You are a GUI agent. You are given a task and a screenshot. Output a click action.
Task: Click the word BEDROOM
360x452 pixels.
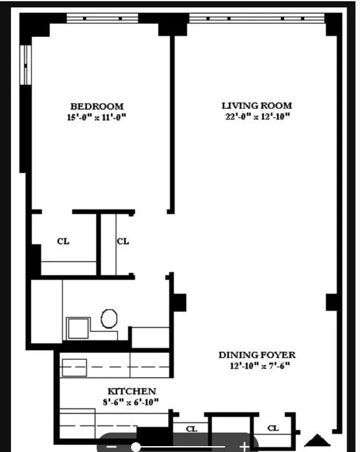click(97, 106)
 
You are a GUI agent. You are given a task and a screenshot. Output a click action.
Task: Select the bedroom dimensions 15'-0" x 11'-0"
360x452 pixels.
click(97, 117)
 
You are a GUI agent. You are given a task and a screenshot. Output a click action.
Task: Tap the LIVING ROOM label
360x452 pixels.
click(256, 106)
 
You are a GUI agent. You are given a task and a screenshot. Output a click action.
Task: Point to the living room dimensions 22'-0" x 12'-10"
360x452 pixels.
click(256, 117)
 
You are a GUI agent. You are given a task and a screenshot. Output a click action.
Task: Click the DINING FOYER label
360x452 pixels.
click(257, 355)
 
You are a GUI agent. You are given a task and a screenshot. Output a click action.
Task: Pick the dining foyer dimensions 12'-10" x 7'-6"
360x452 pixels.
click(257, 366)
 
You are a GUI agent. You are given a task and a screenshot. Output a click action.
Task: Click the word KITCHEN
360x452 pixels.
click(132, 391)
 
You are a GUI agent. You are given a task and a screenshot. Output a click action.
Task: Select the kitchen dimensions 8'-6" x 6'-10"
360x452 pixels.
click(132, 402)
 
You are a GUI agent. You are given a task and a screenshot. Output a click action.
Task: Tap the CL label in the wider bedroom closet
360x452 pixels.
click(63, 241)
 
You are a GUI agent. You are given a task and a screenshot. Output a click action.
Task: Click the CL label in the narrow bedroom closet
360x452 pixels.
click(123, 241)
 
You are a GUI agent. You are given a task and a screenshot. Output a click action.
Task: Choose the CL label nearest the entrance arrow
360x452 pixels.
click(273, 428)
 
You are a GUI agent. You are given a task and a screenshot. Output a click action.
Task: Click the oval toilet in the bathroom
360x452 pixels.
click(109, 318)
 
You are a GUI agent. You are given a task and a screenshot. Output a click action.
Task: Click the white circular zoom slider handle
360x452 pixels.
click(136, 447)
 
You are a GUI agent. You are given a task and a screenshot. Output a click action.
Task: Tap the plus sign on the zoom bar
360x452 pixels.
click(244, 447)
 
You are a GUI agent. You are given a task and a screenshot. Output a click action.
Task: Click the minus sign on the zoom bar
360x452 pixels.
click(110, 447)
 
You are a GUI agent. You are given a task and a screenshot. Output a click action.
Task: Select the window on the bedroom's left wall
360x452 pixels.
click(25, 64)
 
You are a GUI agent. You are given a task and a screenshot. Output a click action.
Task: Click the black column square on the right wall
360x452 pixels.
click(332, 302)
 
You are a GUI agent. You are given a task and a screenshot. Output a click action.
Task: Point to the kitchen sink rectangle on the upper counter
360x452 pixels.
click(73, 366)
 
